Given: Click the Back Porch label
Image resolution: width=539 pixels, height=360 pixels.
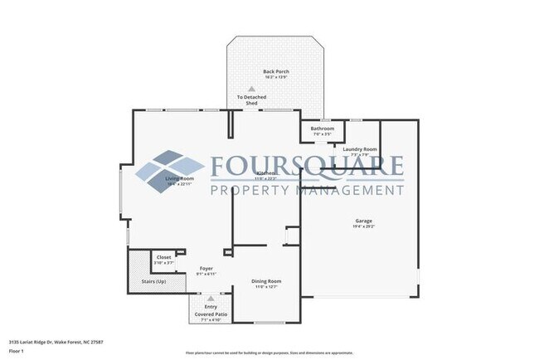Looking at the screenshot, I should coord(275,72).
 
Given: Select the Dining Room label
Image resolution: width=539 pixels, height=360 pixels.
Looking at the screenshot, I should coord(266,281).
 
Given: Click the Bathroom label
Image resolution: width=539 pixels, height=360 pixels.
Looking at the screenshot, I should coord(322,129).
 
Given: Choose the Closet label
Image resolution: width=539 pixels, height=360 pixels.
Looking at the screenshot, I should coord(164,257).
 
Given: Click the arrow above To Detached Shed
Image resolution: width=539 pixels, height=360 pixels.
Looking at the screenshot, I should coord(251,88).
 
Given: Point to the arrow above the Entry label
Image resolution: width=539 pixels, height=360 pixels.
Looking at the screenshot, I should coord(210,298).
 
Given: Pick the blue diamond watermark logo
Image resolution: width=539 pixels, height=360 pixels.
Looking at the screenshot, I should coord(170,170).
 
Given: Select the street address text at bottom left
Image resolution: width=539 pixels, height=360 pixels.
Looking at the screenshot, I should coord(53,341).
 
